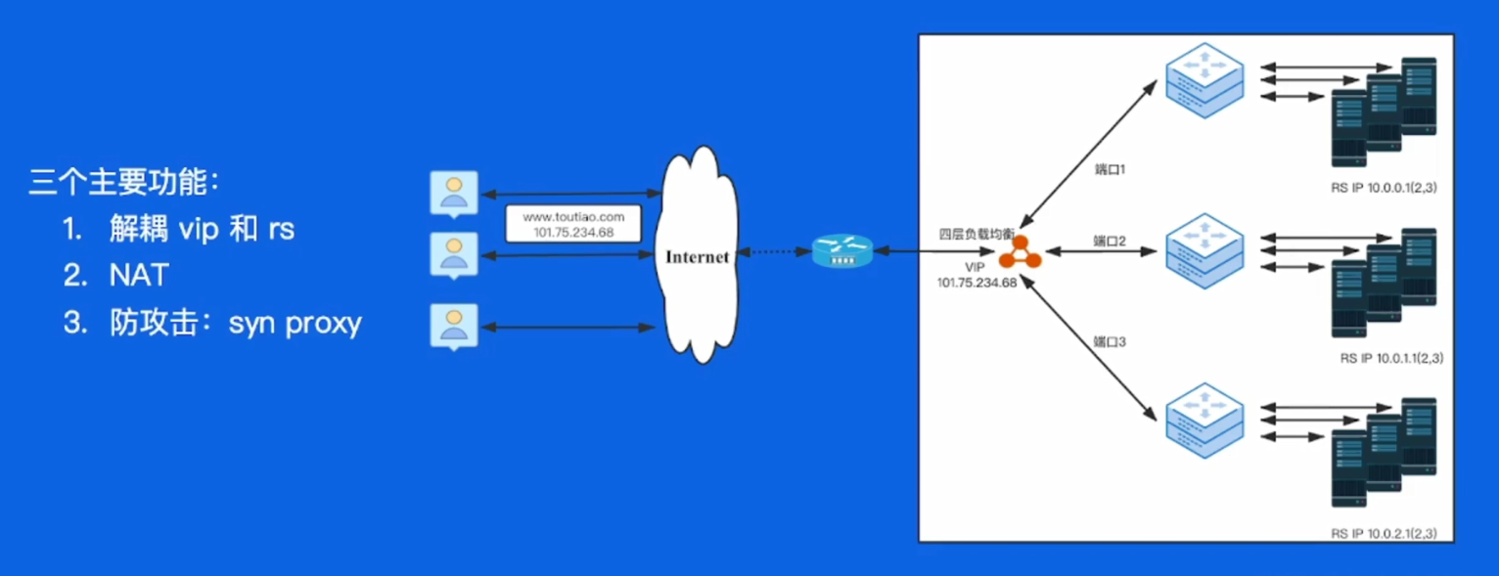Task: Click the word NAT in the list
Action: click(x=139, y=275)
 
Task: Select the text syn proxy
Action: click(x=295, y=323)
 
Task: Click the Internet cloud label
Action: click(x=697, y=257)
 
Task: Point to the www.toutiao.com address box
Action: click(x=573, y=224)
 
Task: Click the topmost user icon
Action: click(x=454, y=194)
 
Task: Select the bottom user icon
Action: click(x=454, y=327)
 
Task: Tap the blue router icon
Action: click(x=842, y=251)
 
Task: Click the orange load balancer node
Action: click(x=1020, y=252)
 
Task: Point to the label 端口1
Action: click(x=1110, y=169)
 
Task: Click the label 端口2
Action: click(x=1110, y=241)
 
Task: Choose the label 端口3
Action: click(x=1110, y=342)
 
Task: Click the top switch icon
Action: click(x=1204, y=81)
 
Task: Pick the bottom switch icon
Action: click(x=1204, y=421)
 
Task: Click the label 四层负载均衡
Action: click(x=977, y=234)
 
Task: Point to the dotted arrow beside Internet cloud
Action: click(x=774, y=252)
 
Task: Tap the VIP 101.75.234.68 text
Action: click(x=977, y=275)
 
